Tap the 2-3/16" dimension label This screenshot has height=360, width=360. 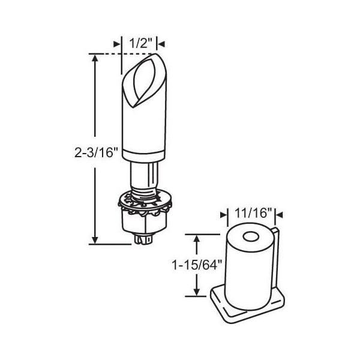click(96, 152)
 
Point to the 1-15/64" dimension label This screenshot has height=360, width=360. click(197, 266)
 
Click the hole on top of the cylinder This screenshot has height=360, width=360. click(250, 237)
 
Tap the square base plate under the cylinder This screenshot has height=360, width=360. click(247, 304)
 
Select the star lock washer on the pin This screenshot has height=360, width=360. click(145, 203)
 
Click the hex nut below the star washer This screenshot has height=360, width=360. click(144, 221)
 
